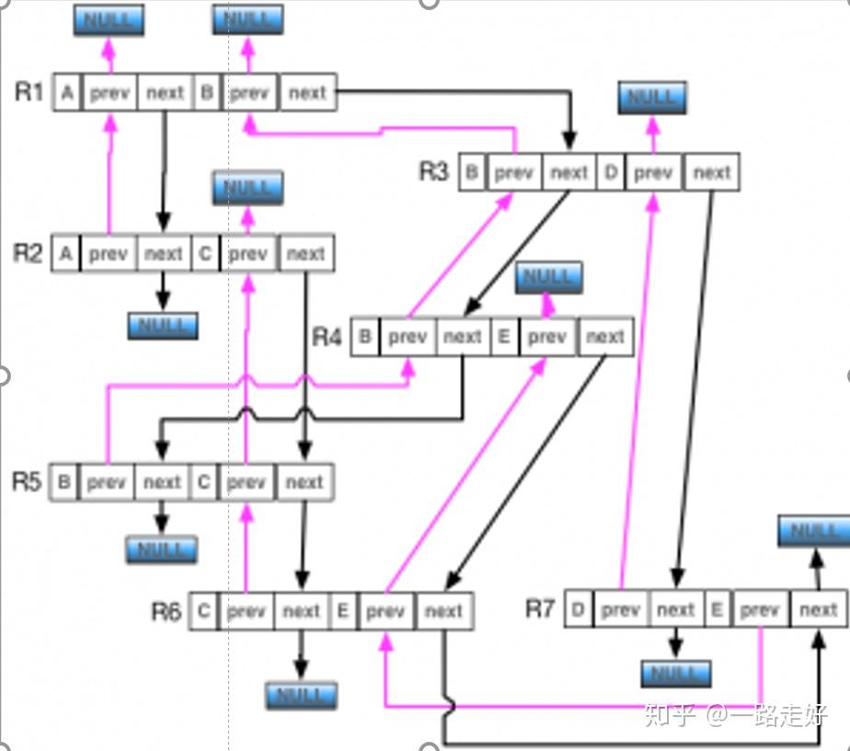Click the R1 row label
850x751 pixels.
click(x=29, y=91)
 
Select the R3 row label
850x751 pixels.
click(x=434, y=171)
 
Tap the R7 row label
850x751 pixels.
click(x=540, y=608)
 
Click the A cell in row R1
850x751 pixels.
click(x=67, y=92)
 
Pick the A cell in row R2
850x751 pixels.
click(x=64, y=253)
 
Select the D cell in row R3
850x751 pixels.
click(x=611, y=172)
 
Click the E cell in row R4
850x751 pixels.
click(x=503, y=337)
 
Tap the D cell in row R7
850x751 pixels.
click(x=578, y=609)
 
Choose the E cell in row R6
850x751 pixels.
click(x=342, y=610)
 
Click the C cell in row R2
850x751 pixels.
click(x=205, y=253)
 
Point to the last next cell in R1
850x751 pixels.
click(x=307, y=92)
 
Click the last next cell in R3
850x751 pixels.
click(x=712, y=172)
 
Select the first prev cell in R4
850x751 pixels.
click(x=408, y=337)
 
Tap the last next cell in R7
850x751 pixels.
click(x=818, y=609)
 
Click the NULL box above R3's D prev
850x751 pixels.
click(x=652, y=98)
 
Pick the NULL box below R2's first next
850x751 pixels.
click(x=163, y=325)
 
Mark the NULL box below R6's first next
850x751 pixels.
click(x=301, y=695)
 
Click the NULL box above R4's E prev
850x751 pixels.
click(x=548, y=277)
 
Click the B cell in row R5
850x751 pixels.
click(x=63, y=481)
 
